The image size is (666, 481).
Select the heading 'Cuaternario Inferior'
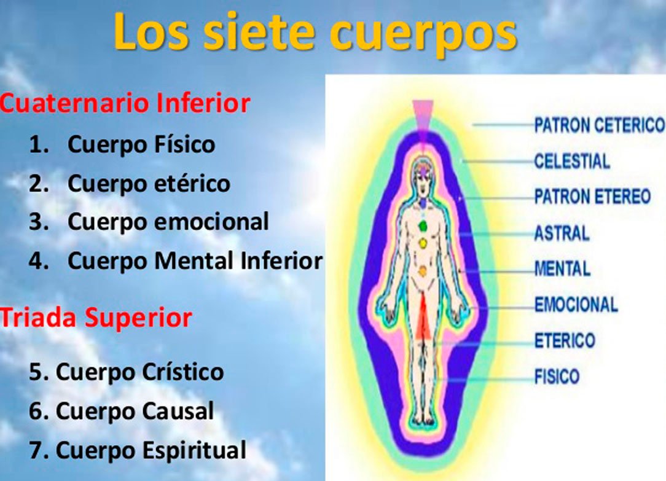[x=125, y=103]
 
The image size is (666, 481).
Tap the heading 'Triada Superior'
[x=96, y=318]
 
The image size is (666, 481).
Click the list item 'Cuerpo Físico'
[x=141, y=144]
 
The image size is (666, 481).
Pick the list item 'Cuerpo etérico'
[x=149, y=184]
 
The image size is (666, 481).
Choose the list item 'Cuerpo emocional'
[x=168, y=221]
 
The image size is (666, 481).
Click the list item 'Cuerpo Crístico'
[x=139, y=372]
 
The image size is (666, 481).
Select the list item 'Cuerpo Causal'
[x=135, y=411]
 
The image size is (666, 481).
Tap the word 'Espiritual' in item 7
[x=194, y=451]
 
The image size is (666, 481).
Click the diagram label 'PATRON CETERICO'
[x=599, y=125]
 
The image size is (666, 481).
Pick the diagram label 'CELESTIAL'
[x=572, y=162]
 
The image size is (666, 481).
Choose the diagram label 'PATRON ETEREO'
[x=592, y=197]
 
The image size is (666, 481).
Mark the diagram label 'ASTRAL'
[x=562, y=233]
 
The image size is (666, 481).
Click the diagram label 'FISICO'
[x=557, y=377]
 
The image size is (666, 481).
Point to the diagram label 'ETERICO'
[x=565, y=340]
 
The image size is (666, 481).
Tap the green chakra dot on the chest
[x=422, y=226]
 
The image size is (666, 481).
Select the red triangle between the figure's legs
[x=423, y=318]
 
